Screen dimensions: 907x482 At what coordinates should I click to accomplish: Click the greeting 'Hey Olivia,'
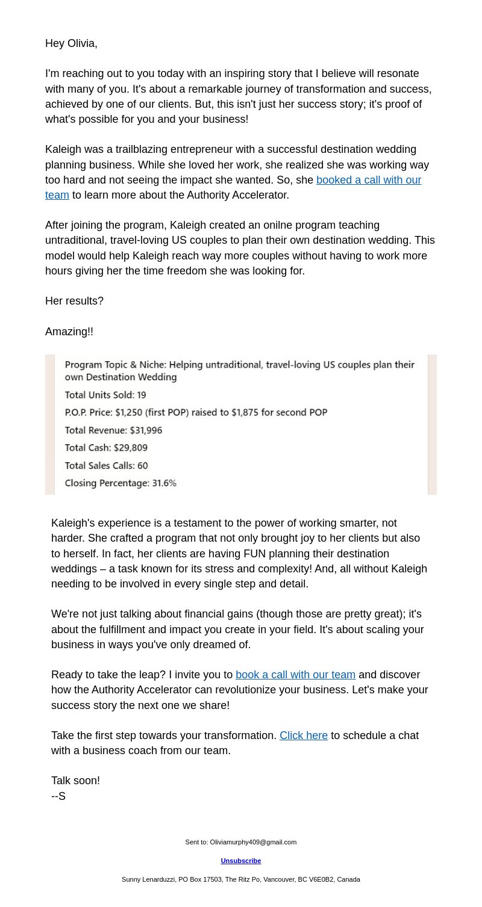[71, 43]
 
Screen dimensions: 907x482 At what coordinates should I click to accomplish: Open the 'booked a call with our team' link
[368, 180]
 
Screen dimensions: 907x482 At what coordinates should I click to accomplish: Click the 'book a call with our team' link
[295, 675]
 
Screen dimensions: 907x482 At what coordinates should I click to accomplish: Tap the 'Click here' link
[304, 735]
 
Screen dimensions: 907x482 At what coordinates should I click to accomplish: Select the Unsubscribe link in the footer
[241, 861]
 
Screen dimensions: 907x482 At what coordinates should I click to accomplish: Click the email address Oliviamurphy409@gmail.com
[253, 842]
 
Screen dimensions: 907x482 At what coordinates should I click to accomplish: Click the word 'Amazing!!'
[69, 332]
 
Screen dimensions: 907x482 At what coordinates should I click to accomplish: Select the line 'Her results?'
[74, 301]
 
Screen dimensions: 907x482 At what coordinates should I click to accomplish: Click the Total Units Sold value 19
[141, 395]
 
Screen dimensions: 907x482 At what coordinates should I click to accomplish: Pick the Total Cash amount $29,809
[131, 448]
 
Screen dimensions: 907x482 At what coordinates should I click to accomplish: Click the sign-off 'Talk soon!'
[75, 781]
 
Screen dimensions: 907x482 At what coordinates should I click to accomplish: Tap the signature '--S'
[58, 796]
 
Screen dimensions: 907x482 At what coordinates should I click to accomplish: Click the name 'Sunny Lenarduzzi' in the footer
[147, 879]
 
